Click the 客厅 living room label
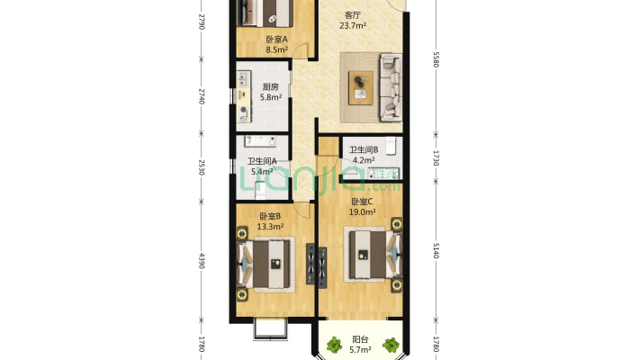(x=353, y=15)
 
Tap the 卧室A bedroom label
(x=276, y=39)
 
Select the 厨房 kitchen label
(x=271, y=86)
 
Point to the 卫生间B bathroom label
(x=364, y=149)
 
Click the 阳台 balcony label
(x=360, y=339)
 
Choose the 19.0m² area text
(x=362, y=212)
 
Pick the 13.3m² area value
(x=270, y=226)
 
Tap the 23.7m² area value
(x=353, y=26)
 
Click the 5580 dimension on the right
(x=436, y=59)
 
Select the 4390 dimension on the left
(x=202, y=261)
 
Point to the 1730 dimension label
(x=436, y=158)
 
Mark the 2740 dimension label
(x=202, y=96)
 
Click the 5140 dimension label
(x=436, y=250)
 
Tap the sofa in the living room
(x=391, y=87)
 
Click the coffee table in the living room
(x=360, y=87)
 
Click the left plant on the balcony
(x=334, y=345)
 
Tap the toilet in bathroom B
(x=391, y=147)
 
